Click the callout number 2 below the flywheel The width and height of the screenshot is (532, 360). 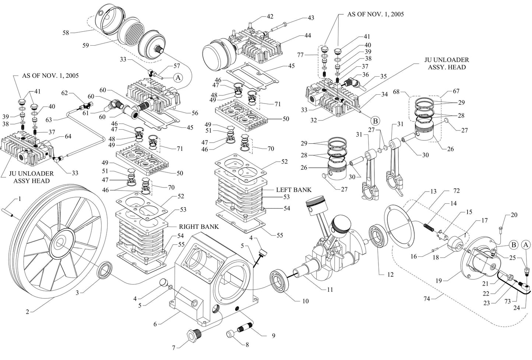[27, 312]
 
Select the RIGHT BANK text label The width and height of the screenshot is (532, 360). [198, 226]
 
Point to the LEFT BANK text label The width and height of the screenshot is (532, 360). [293, 190]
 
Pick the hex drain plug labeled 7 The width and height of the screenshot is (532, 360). [193, 335]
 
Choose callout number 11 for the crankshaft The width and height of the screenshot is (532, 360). [330, 290]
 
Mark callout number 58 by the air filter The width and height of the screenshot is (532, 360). [66, 33]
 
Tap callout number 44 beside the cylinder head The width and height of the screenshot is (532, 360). [307, 35]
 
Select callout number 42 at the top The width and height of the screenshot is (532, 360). [270, 17]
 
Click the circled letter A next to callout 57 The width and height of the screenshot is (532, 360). [178, 78]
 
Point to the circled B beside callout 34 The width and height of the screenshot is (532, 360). [375, 120]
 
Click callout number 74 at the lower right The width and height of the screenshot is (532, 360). [426, 299]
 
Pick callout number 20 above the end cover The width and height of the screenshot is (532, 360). [514, 215]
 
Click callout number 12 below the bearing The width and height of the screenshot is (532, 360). [390, 275]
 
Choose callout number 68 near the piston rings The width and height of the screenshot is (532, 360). [396, 91]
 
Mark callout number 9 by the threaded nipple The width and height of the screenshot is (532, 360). [273, 336]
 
